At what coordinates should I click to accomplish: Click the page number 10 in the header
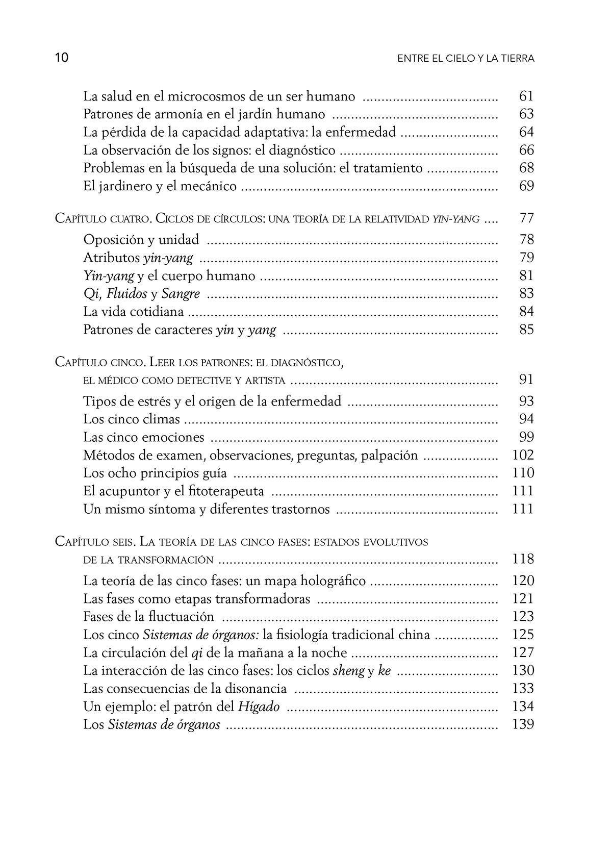[x=61, y=58]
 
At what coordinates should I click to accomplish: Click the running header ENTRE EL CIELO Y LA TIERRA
[x=466, y=59]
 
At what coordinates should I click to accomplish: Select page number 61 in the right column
[x=526, y=96]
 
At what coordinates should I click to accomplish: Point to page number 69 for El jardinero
[x=526, y=186]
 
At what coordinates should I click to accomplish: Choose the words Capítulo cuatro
[x=101, y=219]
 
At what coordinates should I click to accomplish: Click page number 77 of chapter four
[x=526, y=218]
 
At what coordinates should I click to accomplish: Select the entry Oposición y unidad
[x=141, y=239]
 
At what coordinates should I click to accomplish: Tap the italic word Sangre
[x=181, y=293]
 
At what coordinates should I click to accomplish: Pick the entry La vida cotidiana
[x=134, y=311]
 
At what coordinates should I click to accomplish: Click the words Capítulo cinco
[x=100, y=362]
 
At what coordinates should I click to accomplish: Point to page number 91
[x=526, y=379]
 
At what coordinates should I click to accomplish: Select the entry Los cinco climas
[x=132, y=419]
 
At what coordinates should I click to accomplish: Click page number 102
[x=523, y=455]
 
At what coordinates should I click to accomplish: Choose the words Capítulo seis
[x=96, y=542]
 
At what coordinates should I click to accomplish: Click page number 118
[x=523, y=559]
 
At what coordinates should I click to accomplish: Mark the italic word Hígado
[x=259, y=707]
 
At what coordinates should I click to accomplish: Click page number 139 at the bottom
[x=523, y=724]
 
